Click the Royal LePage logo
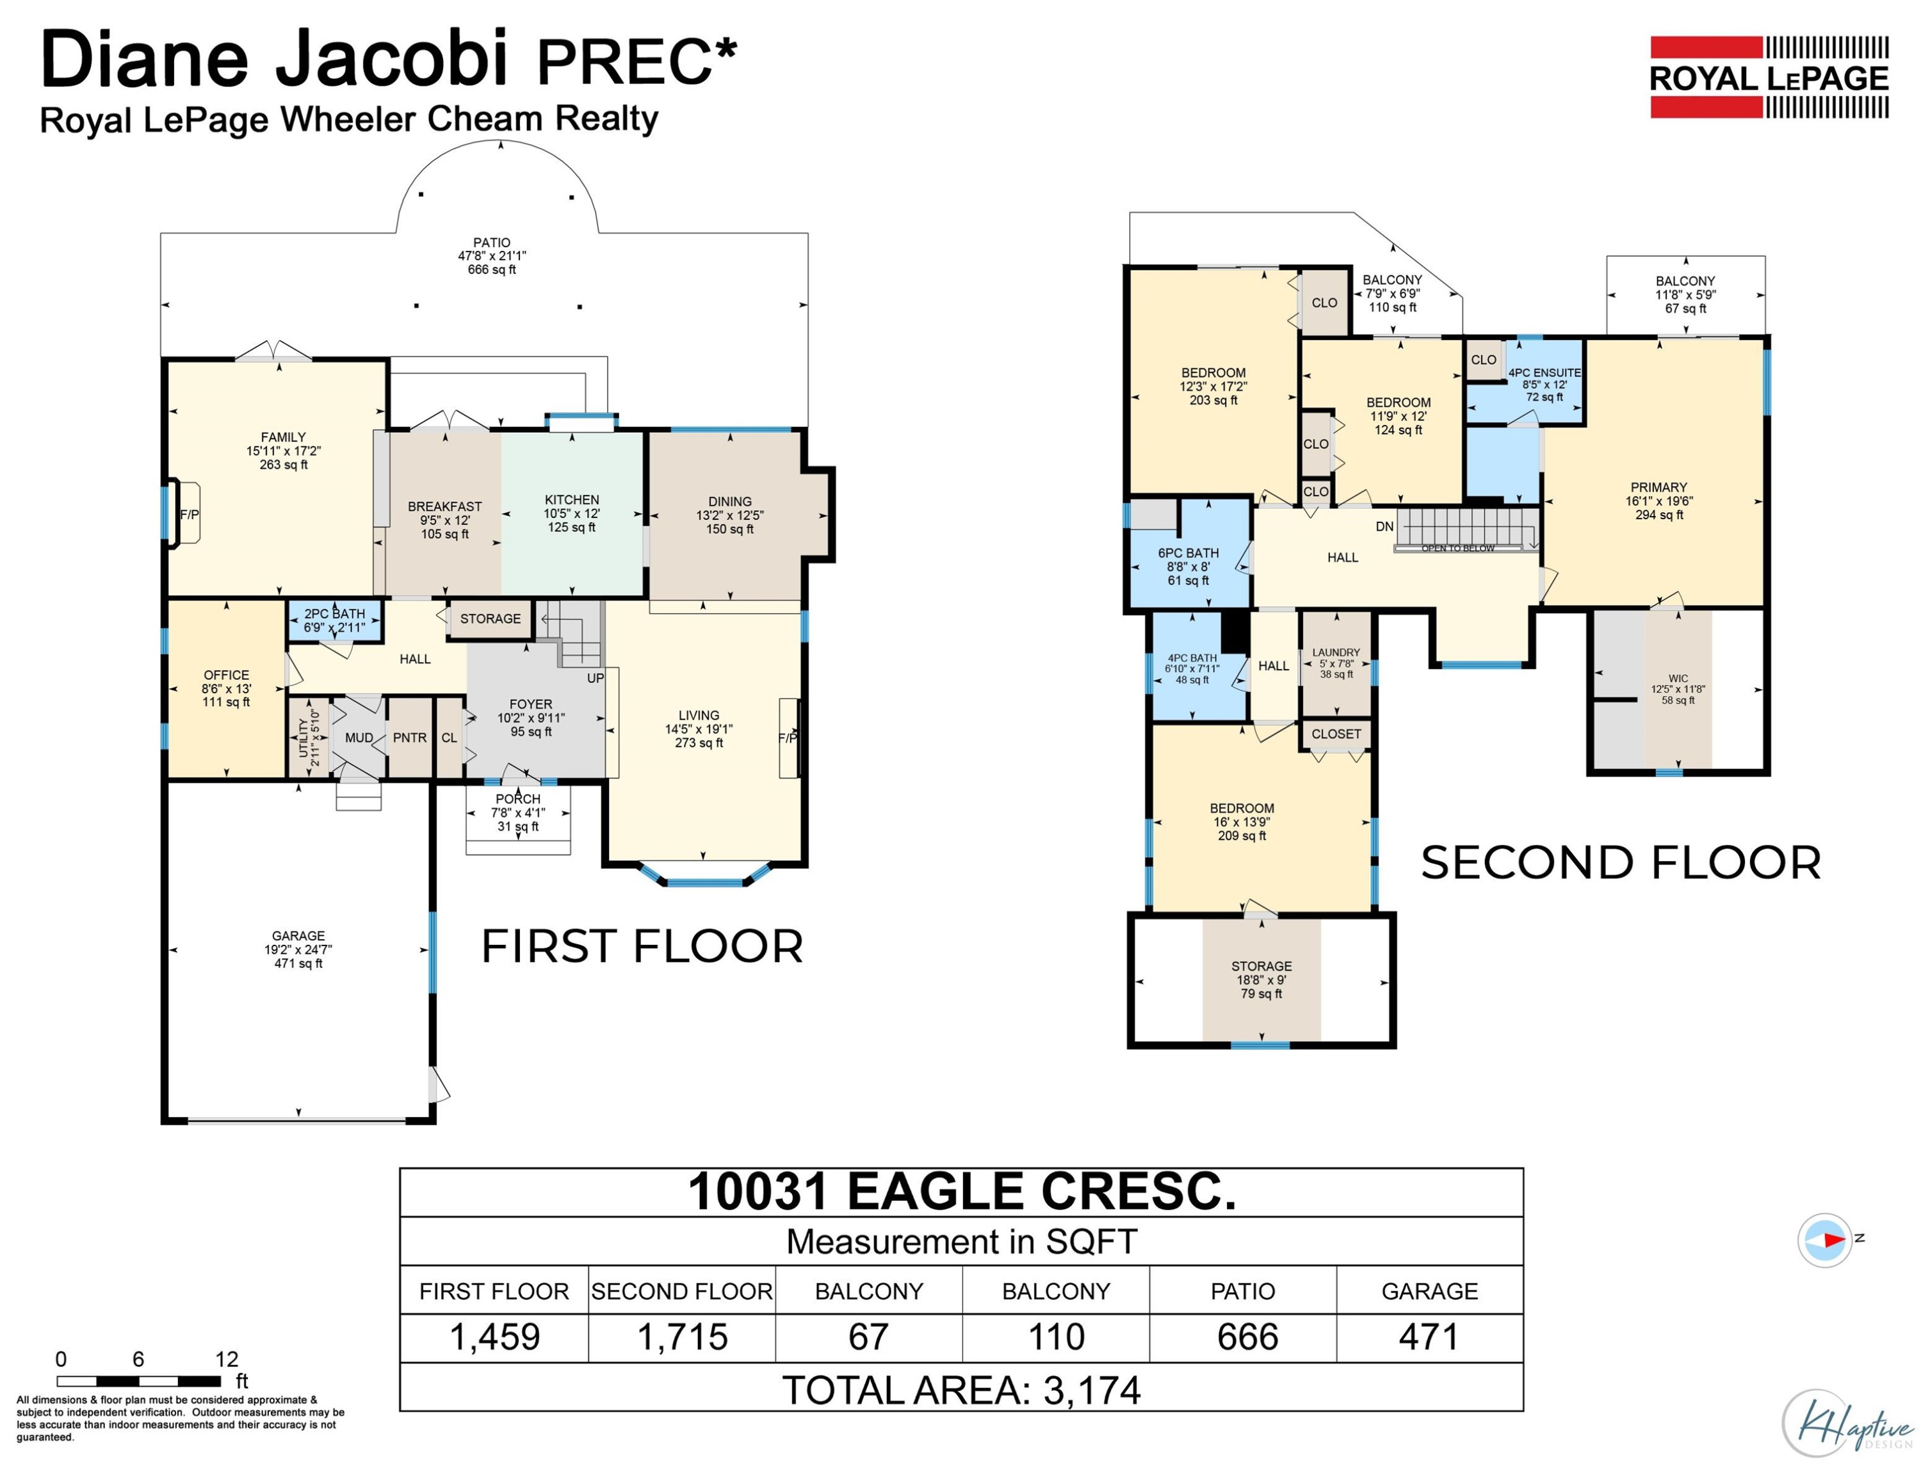[1769, 77]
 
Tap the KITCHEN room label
[572, 499]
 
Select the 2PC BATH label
[335, 613]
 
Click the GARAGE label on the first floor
[298, 936]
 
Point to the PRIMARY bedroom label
[1658, 487]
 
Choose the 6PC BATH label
[1188, 552]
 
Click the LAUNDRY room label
[1336, 652]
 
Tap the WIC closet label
[1678, 678]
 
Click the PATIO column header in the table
[1242, 1291]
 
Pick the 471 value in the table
[1429, 1336]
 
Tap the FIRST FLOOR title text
[642, 946]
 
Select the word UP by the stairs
[596, 678]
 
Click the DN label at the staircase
[1385, 526]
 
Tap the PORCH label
[518, 799]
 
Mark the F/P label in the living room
[787, 738]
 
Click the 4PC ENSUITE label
[1544, 372]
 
